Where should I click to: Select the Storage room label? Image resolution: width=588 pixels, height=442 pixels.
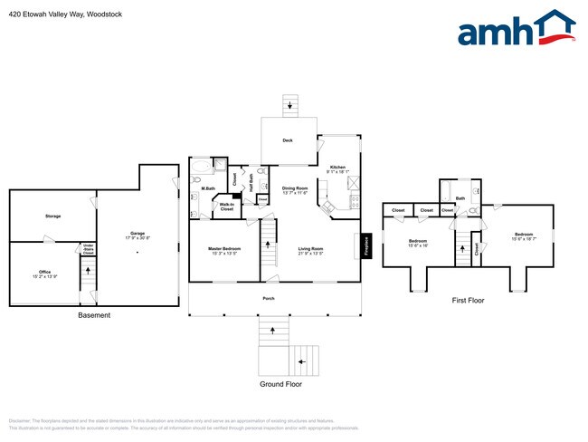click(x=52, y=216)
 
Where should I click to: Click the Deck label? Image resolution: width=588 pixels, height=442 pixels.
click(x=288, y=140)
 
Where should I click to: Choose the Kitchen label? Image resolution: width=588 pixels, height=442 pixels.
click(x=337, y=168)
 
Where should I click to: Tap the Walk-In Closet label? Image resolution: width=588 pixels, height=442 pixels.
click(x=226, y=207)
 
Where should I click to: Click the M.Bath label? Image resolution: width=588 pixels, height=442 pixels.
click(x=207, y=188)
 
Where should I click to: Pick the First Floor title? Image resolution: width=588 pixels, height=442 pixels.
click(x=468, y=300)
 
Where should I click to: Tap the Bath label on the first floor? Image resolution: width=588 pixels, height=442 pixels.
click(x=460, y=198)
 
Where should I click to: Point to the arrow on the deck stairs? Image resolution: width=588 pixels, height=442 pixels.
click(x=289, y=105)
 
